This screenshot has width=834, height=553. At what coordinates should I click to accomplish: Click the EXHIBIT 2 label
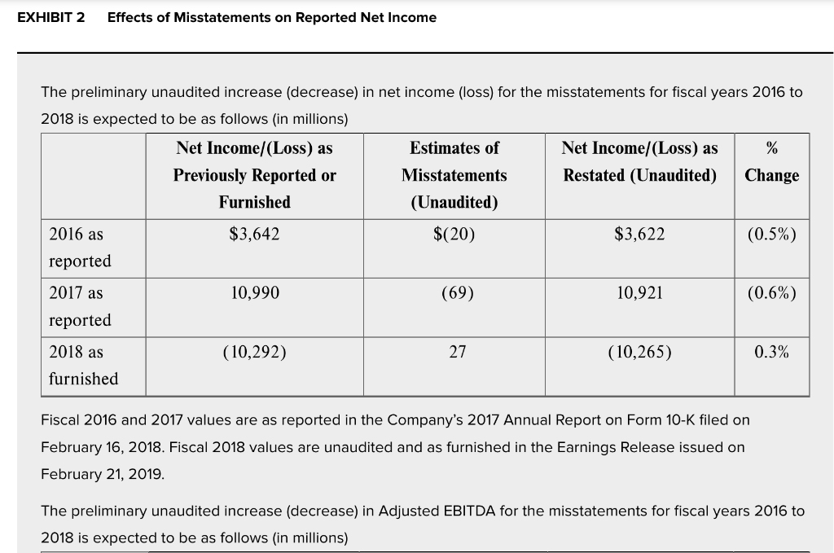[51, 18]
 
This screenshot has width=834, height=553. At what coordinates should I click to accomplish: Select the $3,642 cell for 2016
[254, 234]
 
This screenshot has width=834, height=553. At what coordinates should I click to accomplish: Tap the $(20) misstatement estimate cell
[454, 234]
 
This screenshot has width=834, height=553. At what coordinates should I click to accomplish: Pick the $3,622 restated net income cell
[639, 234]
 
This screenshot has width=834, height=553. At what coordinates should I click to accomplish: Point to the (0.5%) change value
[772, 234]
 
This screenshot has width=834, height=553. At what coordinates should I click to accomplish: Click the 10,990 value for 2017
[255, 293]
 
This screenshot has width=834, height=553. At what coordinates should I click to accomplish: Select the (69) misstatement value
[458, 293]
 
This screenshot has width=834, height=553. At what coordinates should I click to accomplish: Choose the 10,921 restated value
[639, 293]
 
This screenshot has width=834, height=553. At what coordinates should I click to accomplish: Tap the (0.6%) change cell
[772, 293]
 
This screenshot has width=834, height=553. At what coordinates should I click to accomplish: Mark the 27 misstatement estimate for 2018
[458, 352]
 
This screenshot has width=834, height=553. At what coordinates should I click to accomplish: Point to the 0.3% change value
[772, 352]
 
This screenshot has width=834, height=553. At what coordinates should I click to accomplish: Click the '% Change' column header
[772, 161]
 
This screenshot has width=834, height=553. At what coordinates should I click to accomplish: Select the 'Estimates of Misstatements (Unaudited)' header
[454, 175]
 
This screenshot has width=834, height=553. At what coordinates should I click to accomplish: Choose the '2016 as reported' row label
[81, 248]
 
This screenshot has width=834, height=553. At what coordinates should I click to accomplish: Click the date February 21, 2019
[102, 474]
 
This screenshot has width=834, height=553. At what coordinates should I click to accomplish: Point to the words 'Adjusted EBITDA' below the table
[437, 511]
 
